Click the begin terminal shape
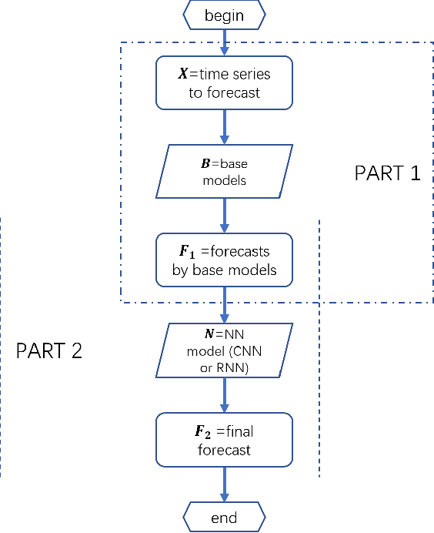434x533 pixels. (x=224, y=15)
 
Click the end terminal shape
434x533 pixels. (x=224, y=517)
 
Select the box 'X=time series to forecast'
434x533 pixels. (x=224, y=82)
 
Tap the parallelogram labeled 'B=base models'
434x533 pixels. (x=224, y=171)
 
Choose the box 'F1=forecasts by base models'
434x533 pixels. (x=224, y=260)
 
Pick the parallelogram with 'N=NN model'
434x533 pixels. (x=224, y=350)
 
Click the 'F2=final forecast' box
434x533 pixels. (x=224, y=439)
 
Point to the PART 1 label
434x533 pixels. (x=387, y=173)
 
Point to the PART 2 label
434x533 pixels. (x=49, y=350)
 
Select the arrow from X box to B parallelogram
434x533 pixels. (x=224, y=126)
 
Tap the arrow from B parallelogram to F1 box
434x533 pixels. (x=224, y=216)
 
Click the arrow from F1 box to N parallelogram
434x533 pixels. (x=224, y=305)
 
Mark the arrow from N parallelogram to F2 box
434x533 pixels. (x=224, y=394)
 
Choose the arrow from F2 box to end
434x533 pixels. (x=224, y=484)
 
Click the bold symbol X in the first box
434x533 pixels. (x=182, y=75)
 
